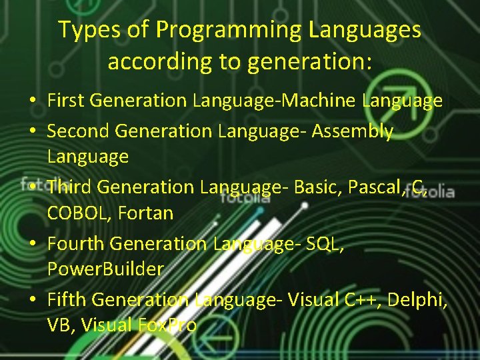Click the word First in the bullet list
click(x=65, y=101)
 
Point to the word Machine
click(x=321, y=101)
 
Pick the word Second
click(x=78, y=131)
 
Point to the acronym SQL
click(x=325, y=244)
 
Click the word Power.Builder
click(x=105, y=269)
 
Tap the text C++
click(x=360, y=300)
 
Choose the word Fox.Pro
click(x=167, y=325)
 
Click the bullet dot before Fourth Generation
click(x=32, y=245)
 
